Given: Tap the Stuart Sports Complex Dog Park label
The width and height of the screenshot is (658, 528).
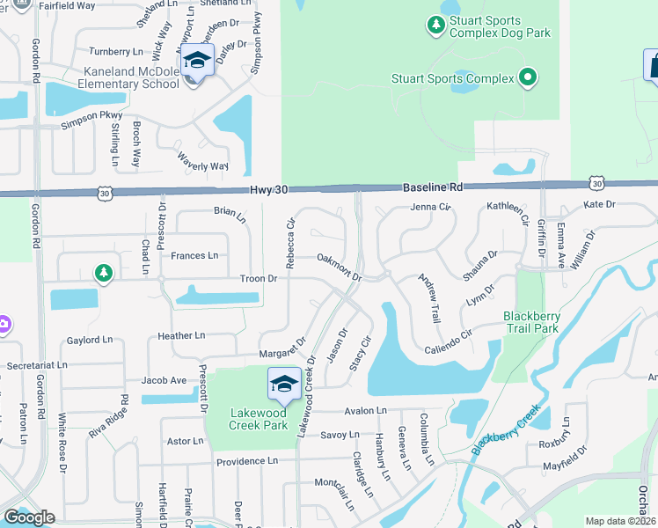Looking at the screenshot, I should click(499, 27).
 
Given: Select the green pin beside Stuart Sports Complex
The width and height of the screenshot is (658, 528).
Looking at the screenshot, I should click(528, 78).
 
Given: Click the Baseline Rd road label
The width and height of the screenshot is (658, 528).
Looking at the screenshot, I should click(432, 188).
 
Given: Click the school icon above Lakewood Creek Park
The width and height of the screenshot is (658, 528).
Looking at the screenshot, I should click(284, 385).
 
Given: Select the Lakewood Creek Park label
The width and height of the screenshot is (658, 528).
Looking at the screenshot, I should click(259, 419).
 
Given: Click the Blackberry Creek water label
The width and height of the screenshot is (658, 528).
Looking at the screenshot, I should click(505, 430).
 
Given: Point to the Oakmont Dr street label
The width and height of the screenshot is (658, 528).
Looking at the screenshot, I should click(340, 266).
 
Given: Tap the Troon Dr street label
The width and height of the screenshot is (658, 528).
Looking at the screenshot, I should click(259, 279).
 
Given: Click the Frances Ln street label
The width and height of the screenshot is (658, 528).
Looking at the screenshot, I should click(194, 256).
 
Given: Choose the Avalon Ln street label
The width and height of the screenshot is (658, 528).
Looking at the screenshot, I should click(366, 411).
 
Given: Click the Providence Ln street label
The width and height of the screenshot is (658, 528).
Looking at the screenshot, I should click(247, 461).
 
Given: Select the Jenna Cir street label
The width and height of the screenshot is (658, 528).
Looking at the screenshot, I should click(430, 208).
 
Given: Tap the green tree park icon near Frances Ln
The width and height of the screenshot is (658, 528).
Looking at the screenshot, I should click(104, 274).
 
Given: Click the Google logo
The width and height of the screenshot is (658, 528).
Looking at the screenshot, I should click(29, 517).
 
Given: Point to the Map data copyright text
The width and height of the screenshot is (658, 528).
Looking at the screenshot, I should click(620, 521).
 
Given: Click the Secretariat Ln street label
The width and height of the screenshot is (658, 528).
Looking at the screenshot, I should click(37, 364).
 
